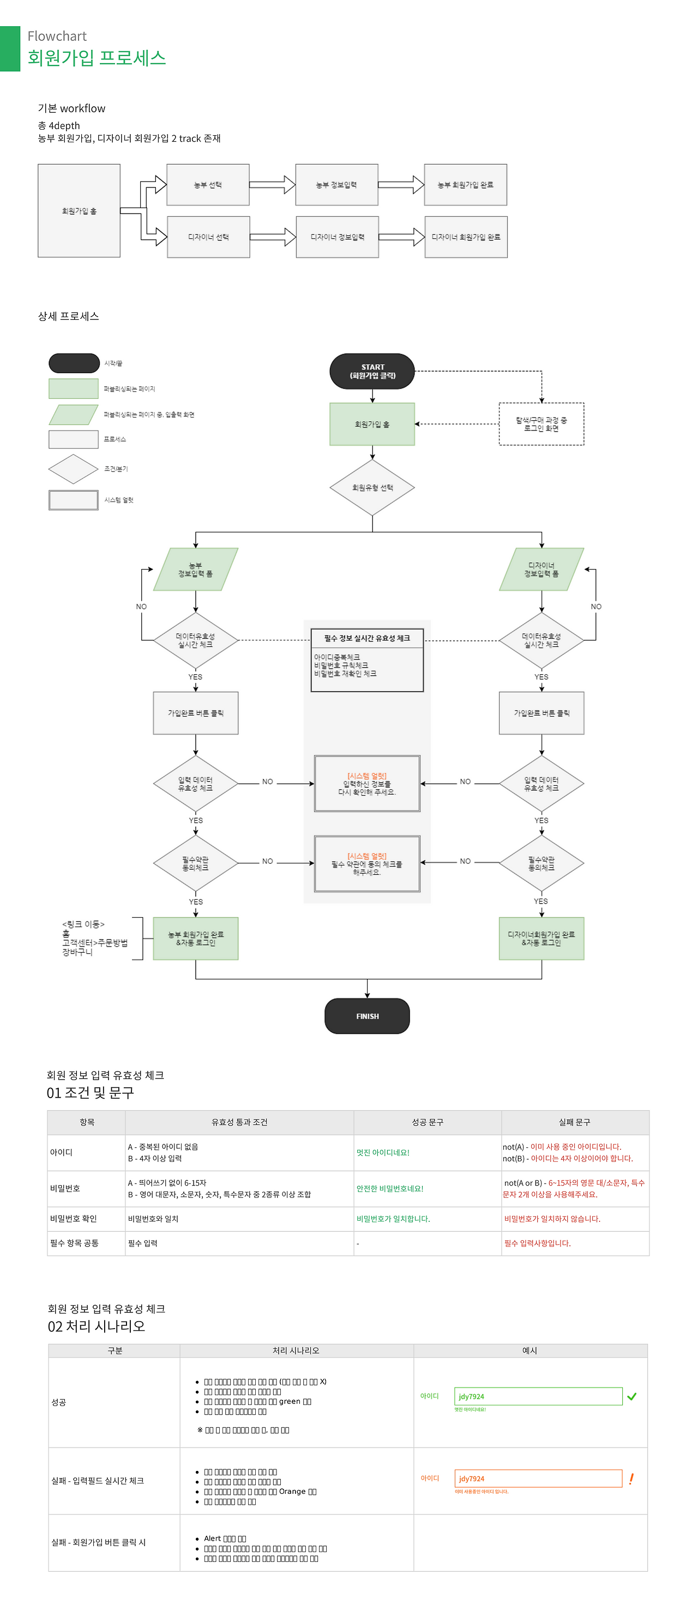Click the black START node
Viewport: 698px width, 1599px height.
[x=372, y=371]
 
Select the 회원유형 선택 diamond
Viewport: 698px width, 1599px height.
[x=372, y=487]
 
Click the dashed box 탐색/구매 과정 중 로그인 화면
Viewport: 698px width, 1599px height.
[x=541, y=424]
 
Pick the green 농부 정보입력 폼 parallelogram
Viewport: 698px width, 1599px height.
[x=196, y=569]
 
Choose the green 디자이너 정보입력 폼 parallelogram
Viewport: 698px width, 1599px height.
[x=541, y=569]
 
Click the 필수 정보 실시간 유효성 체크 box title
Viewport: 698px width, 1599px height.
[x=366, y=638]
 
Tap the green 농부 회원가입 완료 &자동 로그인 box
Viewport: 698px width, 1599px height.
[x=196, y=938]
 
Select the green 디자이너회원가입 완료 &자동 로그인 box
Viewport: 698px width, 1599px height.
[x=541, y=938]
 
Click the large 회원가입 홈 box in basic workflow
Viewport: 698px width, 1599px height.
[x=79, y=211]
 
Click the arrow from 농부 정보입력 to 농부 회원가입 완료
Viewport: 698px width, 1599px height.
[x=401, y=185]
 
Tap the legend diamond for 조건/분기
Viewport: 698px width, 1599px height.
[x=73, y=469]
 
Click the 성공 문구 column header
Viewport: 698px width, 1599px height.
[x=427, y=1122]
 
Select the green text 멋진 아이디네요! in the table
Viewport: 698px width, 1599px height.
[x=382, y=1153]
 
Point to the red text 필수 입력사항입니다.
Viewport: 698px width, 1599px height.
[x=537, y=1243]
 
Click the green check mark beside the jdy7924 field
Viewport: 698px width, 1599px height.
[x=631, y=1397]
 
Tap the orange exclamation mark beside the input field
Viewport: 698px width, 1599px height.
[x=631, y=1479]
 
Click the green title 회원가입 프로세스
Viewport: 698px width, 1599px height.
[x=97, y=58]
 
